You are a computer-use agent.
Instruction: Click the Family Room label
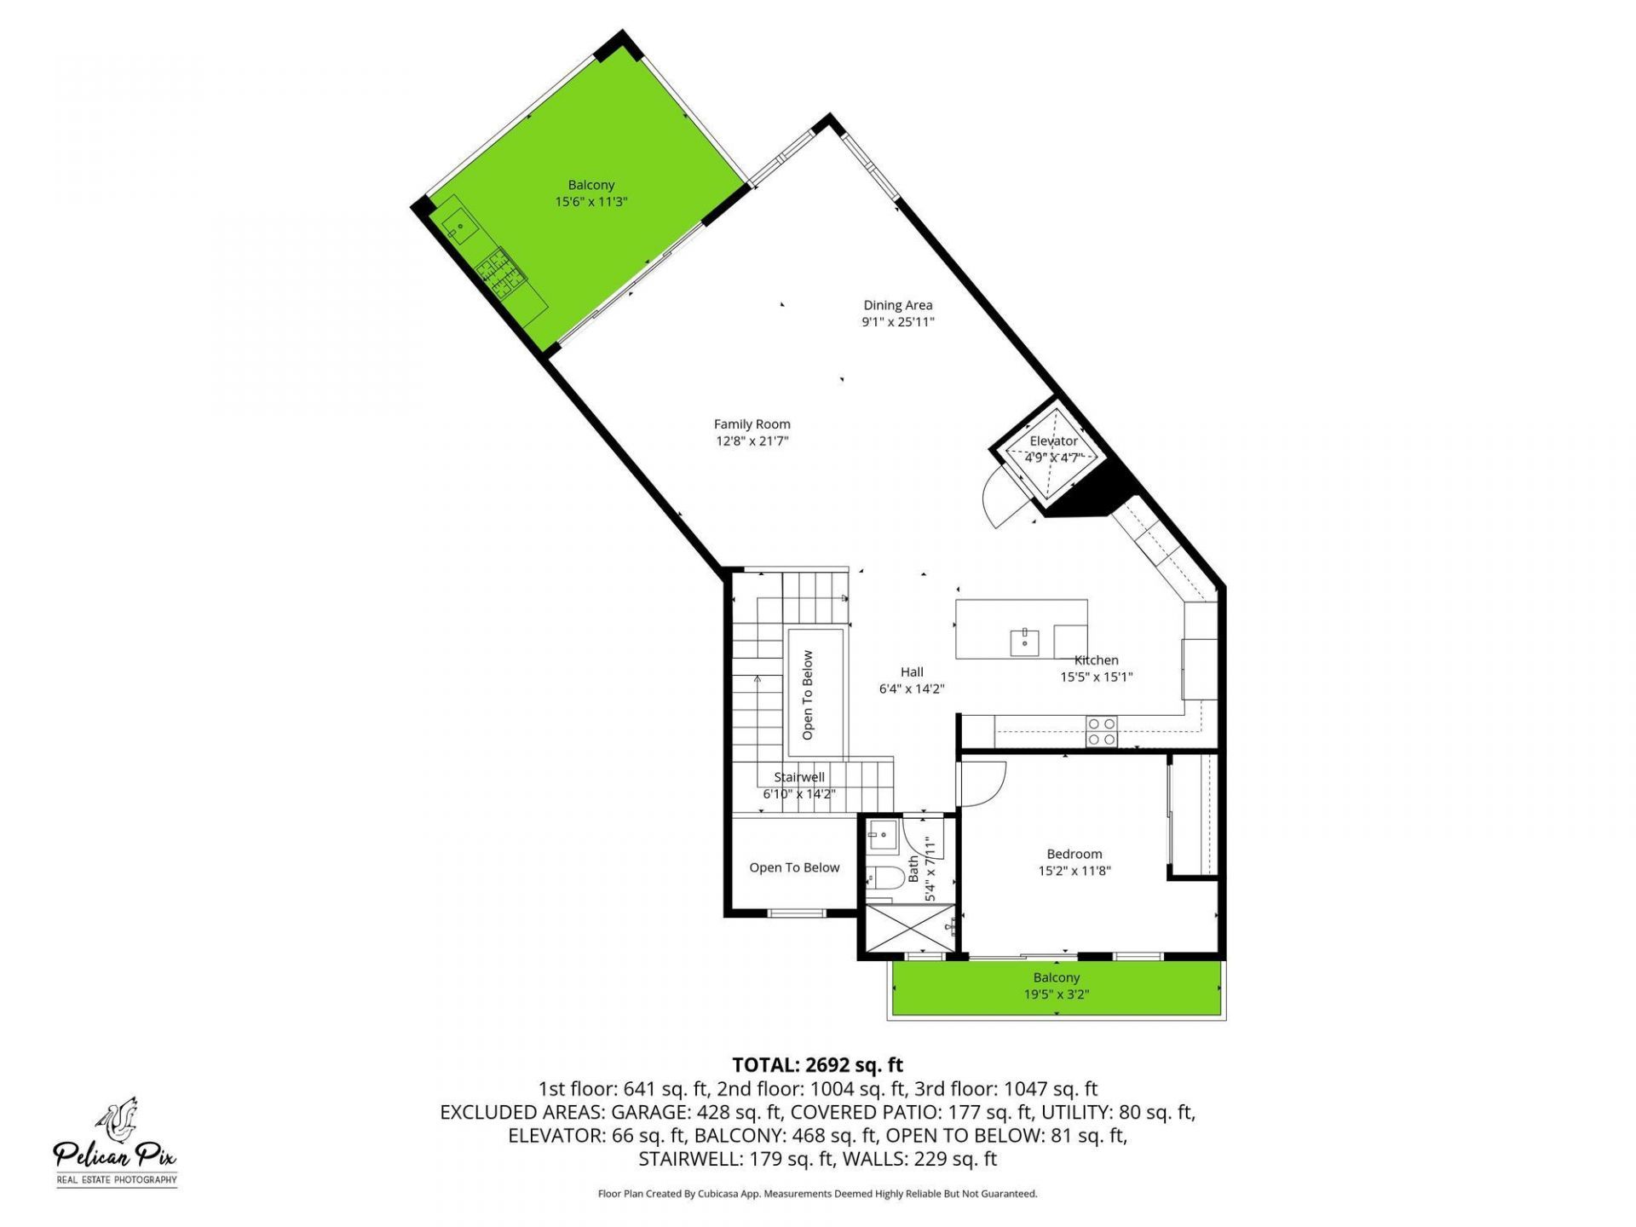(752, 424)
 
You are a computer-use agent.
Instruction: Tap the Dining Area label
(897, 305)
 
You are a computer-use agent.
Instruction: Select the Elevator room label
(1053, 441)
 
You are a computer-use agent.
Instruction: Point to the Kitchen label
(1096, 660)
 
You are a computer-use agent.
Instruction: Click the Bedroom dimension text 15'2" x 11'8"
(1074, 871)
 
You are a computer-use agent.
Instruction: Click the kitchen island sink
(1024, 642)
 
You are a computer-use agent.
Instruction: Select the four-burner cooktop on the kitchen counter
(1101, 732)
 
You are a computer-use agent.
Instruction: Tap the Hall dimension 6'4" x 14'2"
(912, 689)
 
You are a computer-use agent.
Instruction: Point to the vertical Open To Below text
(808, 694)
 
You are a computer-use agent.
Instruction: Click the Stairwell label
(798, 777)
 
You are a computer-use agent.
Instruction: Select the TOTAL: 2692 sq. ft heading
(817, 1065)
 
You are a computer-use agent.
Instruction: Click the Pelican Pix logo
(117, 1142)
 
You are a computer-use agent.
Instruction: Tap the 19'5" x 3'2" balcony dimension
(1056, 994)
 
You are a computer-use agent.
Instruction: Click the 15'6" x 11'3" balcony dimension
(591, 202)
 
